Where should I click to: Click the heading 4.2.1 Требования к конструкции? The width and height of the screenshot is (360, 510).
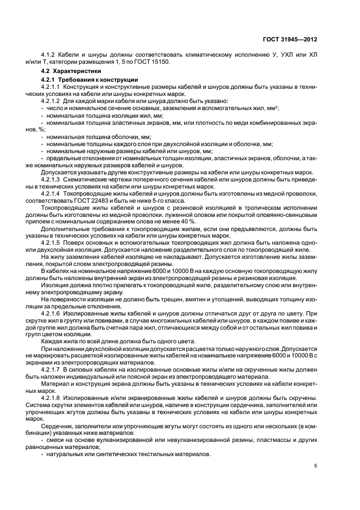pyautogui.click(x=78, y=80)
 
